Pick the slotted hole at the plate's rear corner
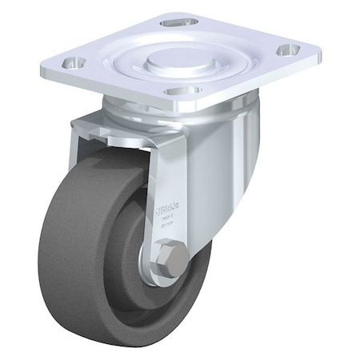[x=178, y=22]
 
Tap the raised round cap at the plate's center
[x=173, y=57]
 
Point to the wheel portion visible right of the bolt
[x=200, y=272]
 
